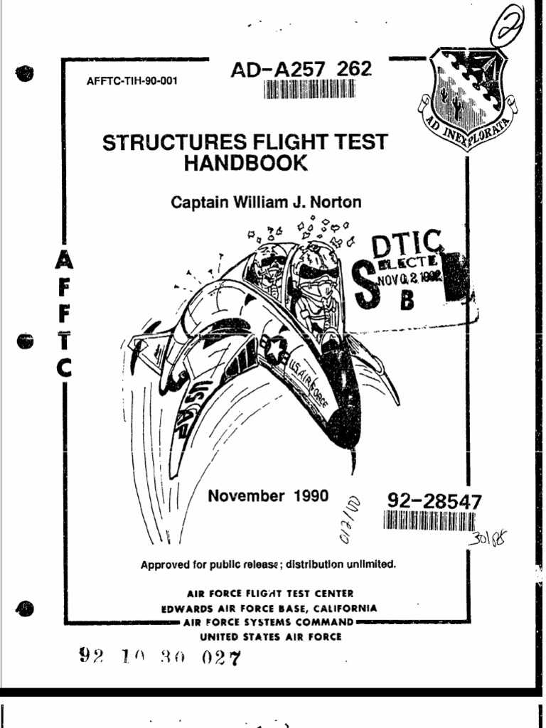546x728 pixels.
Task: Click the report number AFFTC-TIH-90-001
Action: pos(132,81)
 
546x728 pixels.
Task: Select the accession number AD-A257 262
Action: pos(301,70)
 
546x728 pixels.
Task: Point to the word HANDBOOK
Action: pos(246,164)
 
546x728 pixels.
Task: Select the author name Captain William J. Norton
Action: pos(266,203)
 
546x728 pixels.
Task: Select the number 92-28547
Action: pos(433,502)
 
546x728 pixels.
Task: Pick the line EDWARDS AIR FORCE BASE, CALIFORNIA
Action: pos(269,609)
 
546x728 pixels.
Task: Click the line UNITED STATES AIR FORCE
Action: pos(270,636)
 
